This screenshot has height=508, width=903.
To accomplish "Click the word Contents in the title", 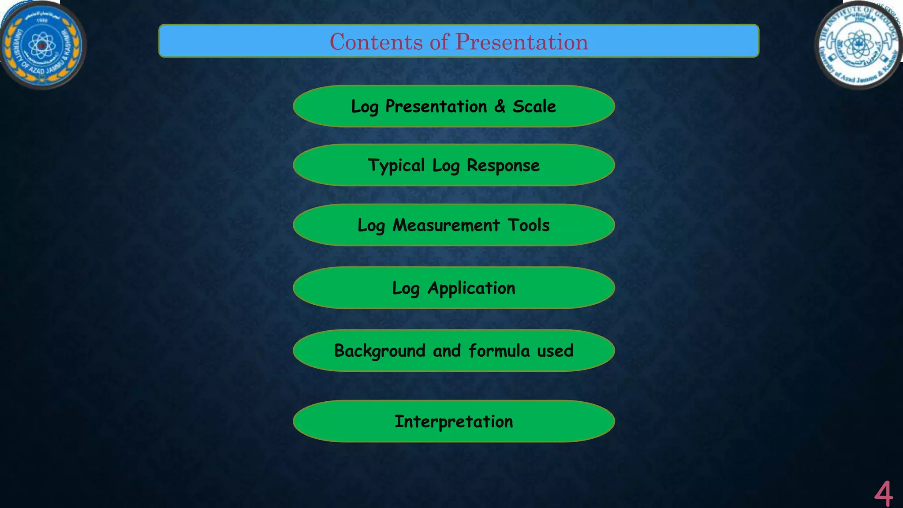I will pyautogui.click(x=376, y=42).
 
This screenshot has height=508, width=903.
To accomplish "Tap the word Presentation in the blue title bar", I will pyautogui.click(x=522, y=42).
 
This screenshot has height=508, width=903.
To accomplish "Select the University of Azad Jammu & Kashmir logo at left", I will pyautogui.click(x=42, y=45).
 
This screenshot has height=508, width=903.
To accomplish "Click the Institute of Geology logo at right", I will pyautogui.click(x=858, y=45).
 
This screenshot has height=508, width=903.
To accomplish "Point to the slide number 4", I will pyautogui.click(x=883, y=494).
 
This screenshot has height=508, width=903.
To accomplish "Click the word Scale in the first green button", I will pyautogui.click(x=534, y=106).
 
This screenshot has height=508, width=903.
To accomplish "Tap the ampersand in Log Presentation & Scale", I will pyautogui.click(x=500, y=106).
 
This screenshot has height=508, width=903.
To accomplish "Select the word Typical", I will pyautogui.click(x=396, y=166).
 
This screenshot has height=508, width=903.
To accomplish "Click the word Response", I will pyautogui.click(x=503, y=166).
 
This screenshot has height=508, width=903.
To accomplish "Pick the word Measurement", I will pyautogui.click(x=446, y=225).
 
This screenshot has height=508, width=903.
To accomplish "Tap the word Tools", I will pyautogui.click(x=529, y=225).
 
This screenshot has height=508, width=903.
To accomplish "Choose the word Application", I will pyautogui.click(x=471, y=288).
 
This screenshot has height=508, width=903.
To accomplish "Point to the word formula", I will pyautogui.click(x=499, y=351).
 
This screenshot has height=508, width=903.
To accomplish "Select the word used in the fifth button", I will pyautogui.click(x=555, y=351).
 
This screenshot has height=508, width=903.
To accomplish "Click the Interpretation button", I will pyautogui.click(x=454, y=422).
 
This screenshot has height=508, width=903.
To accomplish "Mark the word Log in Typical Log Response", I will pyautogui.click(x=446, y=166).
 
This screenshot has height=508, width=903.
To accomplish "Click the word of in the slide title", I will pyautogui.click(x=439, y=42).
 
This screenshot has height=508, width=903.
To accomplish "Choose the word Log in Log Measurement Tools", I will pyautogui.click(x=371, y=225).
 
